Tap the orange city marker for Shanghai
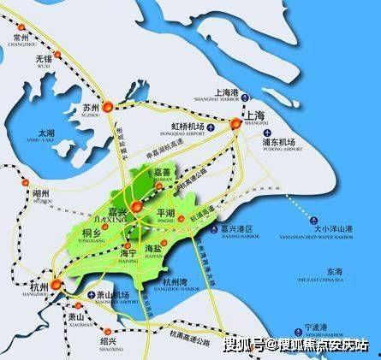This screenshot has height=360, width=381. coord(236,125)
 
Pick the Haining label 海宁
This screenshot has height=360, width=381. coord(128,253)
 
